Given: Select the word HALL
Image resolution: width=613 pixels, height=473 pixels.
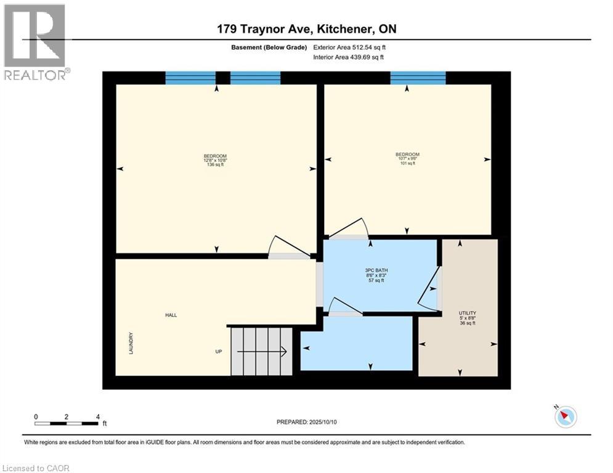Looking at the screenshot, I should (171, 315).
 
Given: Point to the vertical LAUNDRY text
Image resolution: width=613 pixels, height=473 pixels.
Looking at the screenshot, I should (131, 343).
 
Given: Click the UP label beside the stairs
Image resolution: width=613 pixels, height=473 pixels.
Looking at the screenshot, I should (218, 352).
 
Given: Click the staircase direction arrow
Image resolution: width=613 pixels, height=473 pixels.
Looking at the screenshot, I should (262, 352).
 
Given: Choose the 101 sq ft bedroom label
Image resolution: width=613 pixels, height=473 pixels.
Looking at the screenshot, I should (407, 159).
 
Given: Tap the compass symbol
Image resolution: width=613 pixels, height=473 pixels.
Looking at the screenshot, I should (565, 417).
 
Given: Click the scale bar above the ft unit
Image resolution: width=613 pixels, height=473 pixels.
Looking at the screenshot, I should (67, 423).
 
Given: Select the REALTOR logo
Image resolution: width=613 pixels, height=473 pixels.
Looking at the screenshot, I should (35, 41).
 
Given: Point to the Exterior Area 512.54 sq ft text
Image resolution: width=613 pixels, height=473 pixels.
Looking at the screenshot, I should (349, 47).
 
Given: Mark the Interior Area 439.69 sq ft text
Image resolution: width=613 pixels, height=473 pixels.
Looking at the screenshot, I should (349, 57).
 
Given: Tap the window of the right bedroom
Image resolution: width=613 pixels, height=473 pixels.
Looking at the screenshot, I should (418, 78).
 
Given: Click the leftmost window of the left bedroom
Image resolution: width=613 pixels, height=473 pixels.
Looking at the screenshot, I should (190, 78).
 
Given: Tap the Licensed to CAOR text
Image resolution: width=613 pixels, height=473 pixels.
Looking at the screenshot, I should (37, 468).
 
